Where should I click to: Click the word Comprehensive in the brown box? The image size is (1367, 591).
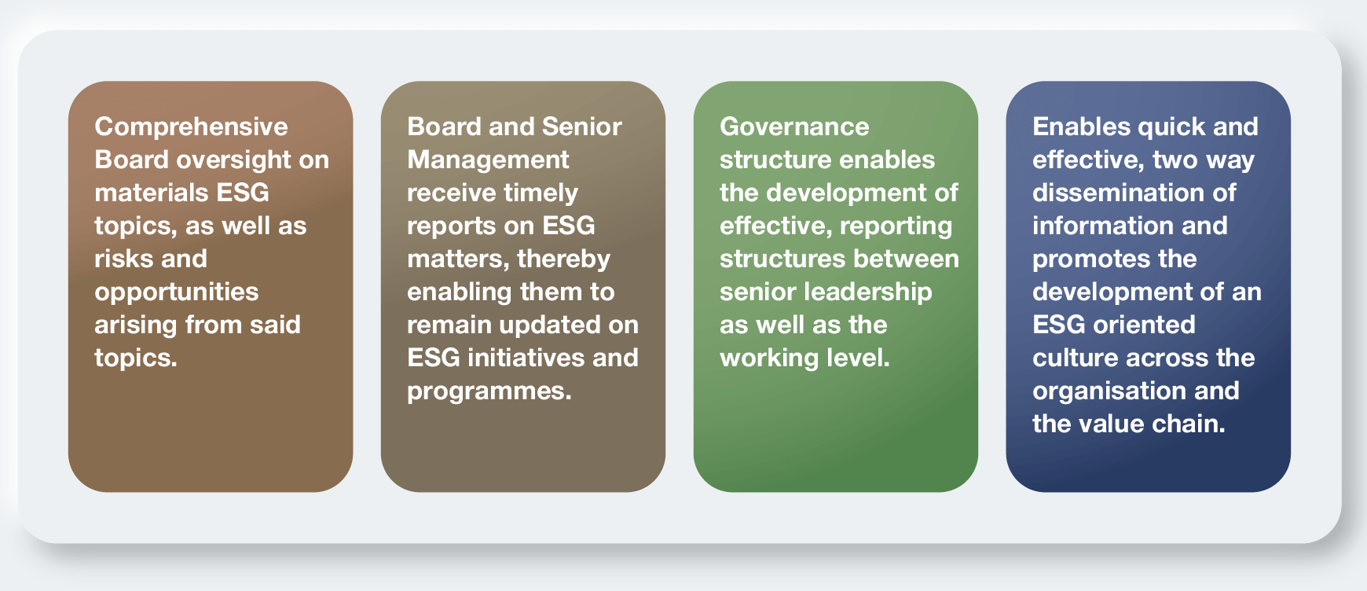coord(191,127)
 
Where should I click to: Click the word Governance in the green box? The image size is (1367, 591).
coord(794,127)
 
